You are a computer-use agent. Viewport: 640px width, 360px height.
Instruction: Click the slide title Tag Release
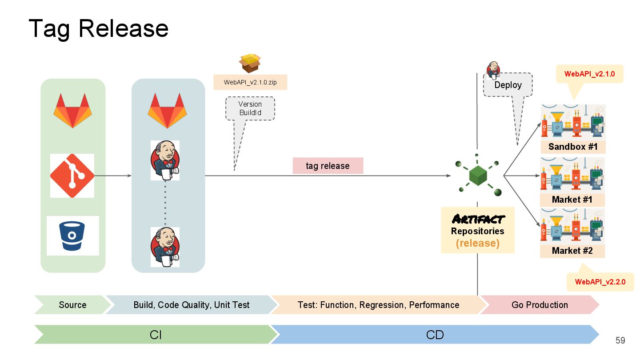point(98,28)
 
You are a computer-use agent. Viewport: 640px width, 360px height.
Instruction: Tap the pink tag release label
point(328,166)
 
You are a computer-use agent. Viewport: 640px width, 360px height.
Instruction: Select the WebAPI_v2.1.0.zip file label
point(250,82)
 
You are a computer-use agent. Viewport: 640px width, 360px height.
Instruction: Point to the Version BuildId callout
point(250,108)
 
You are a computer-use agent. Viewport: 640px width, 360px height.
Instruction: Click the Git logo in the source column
point(72,176)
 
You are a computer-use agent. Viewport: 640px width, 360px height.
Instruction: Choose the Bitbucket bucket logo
point(72,236)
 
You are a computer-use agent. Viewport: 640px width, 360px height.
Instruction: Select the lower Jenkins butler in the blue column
point(165,247)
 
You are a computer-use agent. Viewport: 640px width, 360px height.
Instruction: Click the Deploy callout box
point(508,85)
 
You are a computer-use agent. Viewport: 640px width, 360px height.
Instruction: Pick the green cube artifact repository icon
point(478,175)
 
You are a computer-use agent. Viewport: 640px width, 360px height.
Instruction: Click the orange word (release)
point(478,243)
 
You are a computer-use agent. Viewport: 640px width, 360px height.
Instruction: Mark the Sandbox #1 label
point(572,147)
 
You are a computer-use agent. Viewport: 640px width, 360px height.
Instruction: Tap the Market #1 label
point(572,200)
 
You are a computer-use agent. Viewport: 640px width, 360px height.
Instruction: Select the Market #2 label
point(572,251)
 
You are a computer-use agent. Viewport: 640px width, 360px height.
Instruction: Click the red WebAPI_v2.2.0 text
point(600,282)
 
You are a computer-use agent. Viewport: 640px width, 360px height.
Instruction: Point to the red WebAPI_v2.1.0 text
point(589,74)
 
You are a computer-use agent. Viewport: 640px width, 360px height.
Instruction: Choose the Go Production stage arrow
point(540,305)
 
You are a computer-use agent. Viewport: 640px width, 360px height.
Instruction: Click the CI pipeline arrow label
point(155,335)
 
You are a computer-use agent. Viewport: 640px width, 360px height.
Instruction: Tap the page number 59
point(620,340)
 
